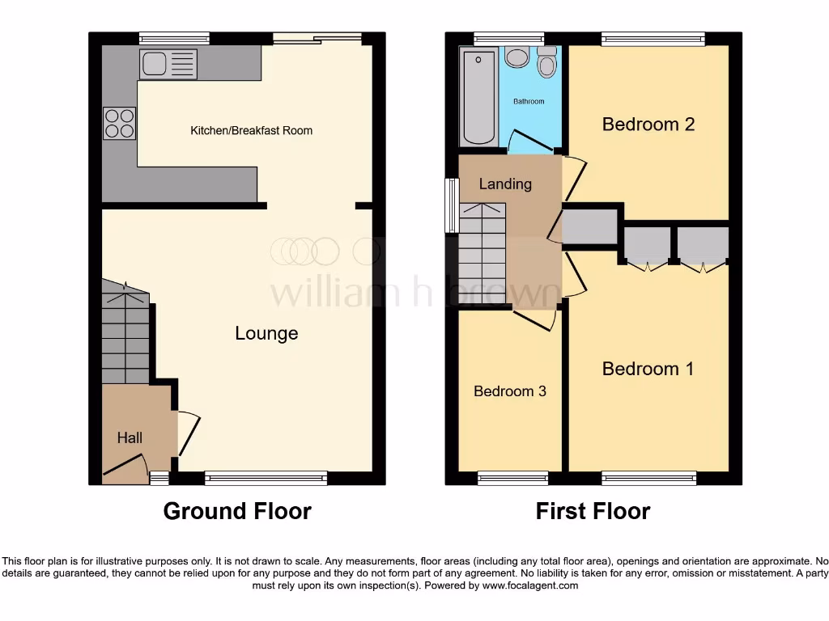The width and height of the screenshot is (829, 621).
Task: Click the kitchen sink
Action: (168, 64)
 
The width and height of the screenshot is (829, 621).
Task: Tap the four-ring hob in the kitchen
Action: (119, 124)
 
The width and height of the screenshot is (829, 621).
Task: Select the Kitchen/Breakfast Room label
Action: (251, 130)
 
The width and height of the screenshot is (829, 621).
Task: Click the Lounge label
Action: (266, 333)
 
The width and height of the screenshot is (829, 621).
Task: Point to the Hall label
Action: (130, 437)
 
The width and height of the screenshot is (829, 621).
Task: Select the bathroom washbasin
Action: (516, 59)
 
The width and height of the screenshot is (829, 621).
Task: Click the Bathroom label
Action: (529, 102)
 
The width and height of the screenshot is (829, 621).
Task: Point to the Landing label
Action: (505, 184)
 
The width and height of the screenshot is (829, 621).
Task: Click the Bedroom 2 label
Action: (648, 124)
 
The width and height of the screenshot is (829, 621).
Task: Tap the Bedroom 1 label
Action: (648, 369)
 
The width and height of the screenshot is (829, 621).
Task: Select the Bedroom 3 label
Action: (510, 391)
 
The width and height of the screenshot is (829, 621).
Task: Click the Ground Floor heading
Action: (237, 511)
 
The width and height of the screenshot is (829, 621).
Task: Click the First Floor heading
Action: (593, 511)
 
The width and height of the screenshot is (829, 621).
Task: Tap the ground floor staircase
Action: (125, 336)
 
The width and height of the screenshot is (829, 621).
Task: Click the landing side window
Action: (450, 205)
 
